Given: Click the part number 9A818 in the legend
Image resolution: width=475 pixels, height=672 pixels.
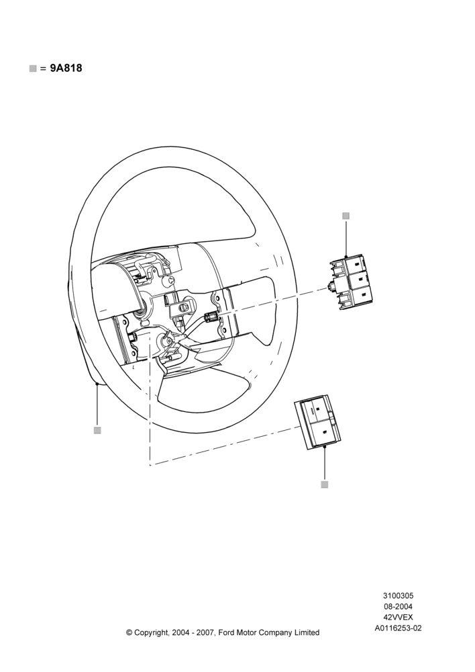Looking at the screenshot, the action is point(66,68).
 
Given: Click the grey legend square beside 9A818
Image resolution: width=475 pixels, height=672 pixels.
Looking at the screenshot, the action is point(33,68).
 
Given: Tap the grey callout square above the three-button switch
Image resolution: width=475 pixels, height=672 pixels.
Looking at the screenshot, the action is point(346,216).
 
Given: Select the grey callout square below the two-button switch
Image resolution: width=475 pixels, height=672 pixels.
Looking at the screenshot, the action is point(324,485).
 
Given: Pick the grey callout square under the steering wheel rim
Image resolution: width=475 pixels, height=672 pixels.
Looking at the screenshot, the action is point(97,430).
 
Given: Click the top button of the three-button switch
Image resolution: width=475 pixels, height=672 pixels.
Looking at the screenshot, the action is point(356,265).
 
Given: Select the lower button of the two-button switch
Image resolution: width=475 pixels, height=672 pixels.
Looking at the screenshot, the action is point(324,431).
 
